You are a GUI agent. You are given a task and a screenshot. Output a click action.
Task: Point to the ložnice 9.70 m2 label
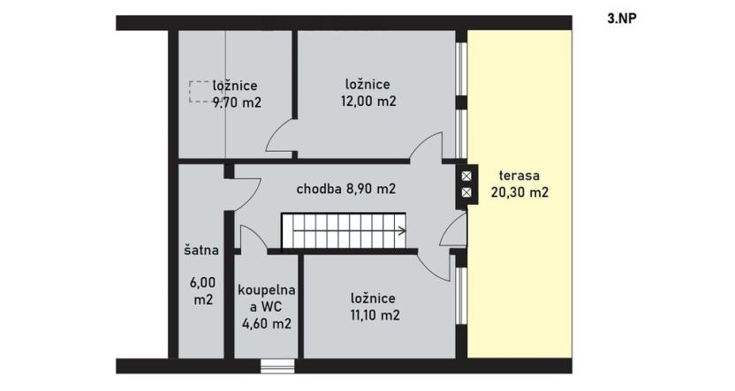point(236,94)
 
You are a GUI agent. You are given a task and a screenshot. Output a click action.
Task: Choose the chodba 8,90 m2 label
point(345,189)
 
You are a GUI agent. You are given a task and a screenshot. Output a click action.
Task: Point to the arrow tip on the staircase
point(403,232)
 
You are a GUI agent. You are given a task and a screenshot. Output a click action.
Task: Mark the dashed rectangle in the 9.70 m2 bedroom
point(199,91)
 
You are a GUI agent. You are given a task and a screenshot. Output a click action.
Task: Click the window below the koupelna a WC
point(277,365)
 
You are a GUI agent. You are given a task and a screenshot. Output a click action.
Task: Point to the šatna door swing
point(245,188)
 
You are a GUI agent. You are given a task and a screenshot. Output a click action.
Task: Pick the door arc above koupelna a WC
point(252,237)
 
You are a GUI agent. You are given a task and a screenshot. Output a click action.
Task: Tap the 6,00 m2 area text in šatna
point(202,291)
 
